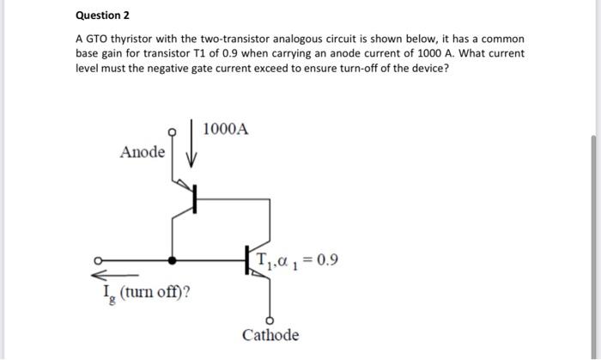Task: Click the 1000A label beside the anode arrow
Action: click(227, 130)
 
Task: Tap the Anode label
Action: click(143, 152)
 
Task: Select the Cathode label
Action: click(270, 334)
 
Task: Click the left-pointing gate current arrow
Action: click(111, 275)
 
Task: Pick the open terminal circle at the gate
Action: click(97, 259)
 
